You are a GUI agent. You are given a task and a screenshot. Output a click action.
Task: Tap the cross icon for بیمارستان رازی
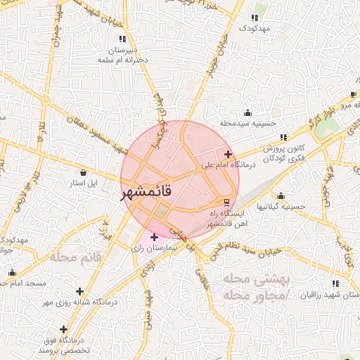pyautogui.click(x=155, y=237)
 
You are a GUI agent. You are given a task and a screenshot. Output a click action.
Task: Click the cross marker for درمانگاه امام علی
pyautogui.click(x=228, y=154)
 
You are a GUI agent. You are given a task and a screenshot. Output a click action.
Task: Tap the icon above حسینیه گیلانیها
pyautogui.click(x=281, y=196)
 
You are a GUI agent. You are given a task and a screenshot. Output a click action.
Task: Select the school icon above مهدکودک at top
pyautogui.click(x=253, y=18)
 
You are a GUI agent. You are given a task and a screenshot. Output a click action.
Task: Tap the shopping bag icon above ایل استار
pyautogui.click(x=84, y=172)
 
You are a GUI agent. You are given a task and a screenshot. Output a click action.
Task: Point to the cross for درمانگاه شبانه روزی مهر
pyautogui.click(x=80, y=291)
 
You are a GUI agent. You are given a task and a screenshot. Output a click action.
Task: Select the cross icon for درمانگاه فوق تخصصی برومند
pyautogui.click(x=63, y=328)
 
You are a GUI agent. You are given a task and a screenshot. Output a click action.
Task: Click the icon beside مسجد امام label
pyautogui.click(x=11, y=273)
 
